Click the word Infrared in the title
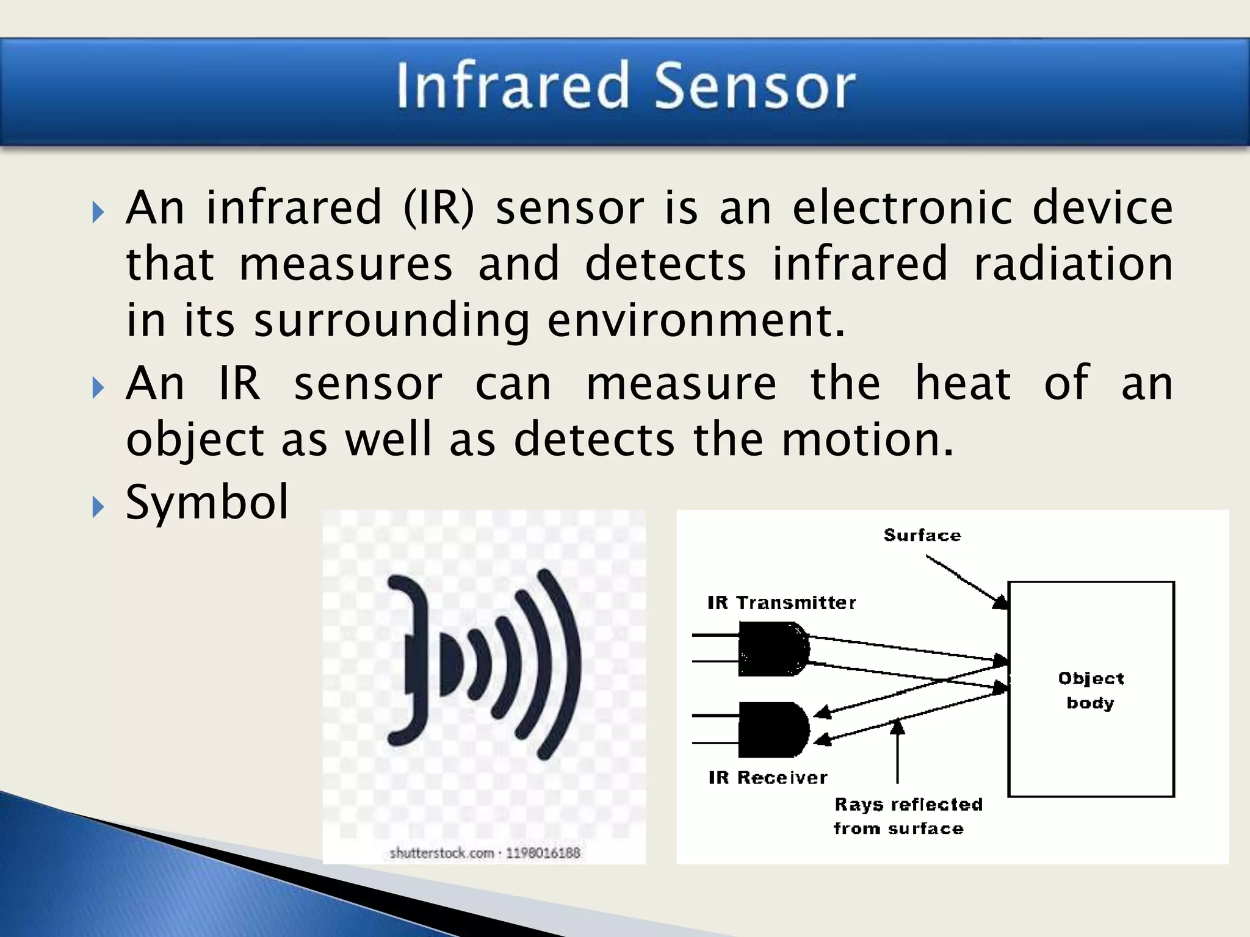513,87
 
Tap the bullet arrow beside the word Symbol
98,506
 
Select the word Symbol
207,503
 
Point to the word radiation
1073,265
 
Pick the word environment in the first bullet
696,321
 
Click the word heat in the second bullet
963,384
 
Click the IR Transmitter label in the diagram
781,603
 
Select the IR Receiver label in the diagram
768,778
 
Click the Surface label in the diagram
922,536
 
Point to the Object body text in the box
1091,691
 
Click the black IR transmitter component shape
773,649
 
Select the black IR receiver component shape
773,730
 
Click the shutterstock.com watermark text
485,853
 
